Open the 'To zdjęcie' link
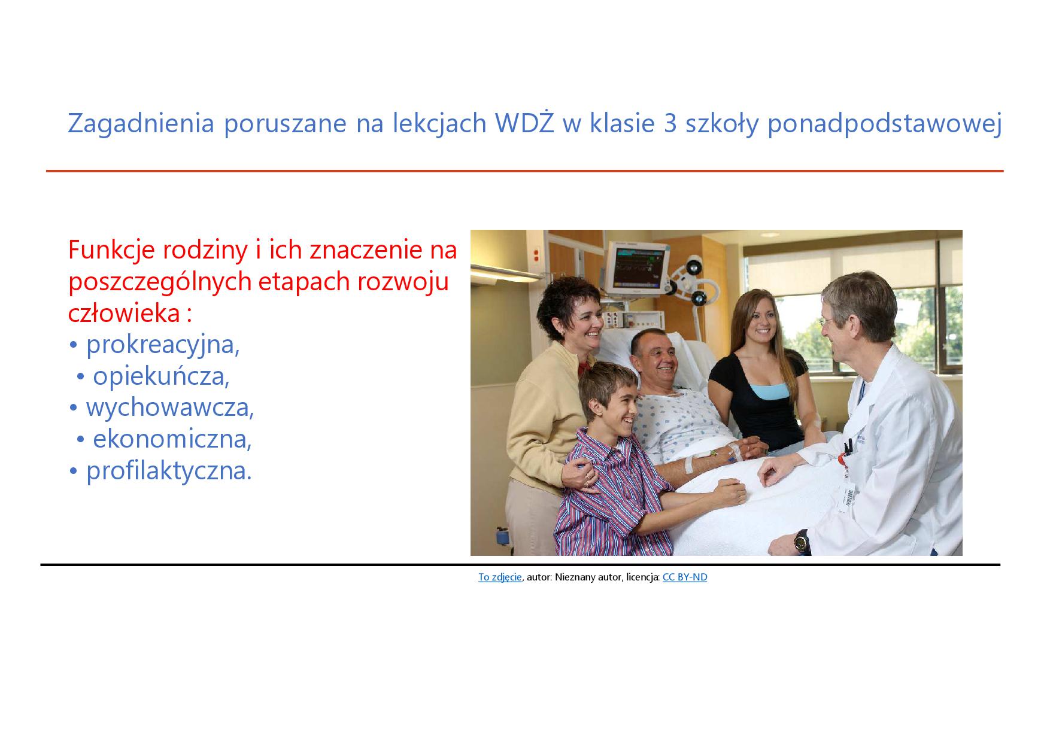(x=500, y=577)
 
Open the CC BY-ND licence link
(x=685, y=577)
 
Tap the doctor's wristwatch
(x=801, y=542)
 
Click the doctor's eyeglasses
(x=830, y=323)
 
